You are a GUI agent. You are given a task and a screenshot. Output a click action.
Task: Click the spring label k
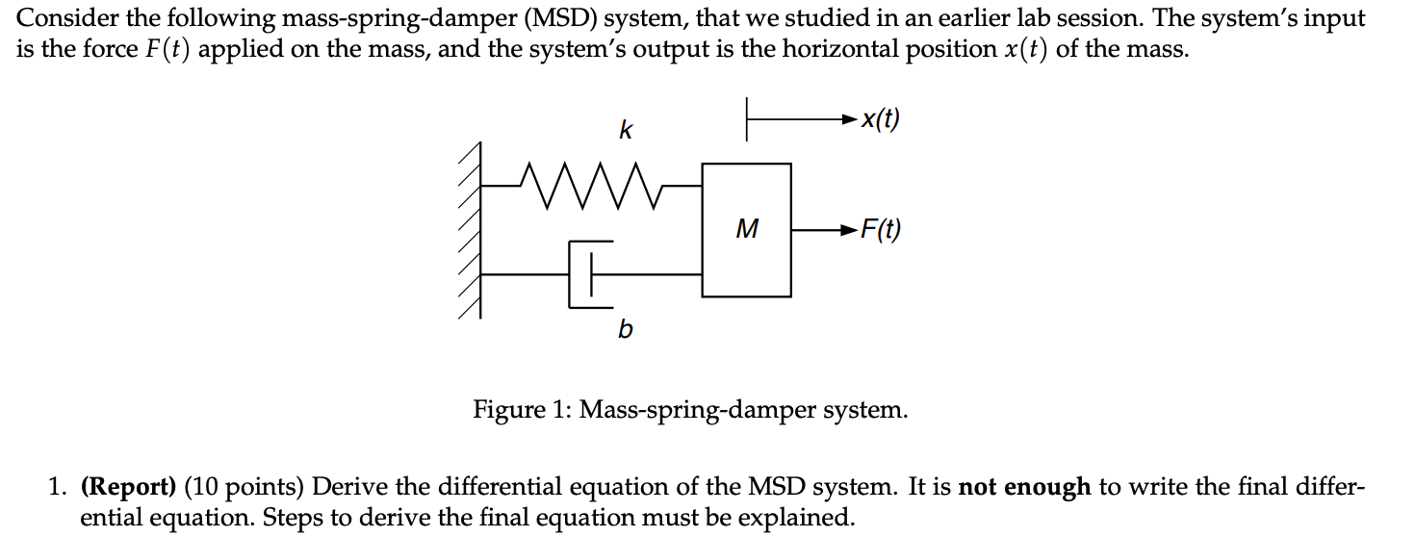coord(625,130)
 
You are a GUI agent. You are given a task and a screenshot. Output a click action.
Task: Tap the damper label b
coord(625,330)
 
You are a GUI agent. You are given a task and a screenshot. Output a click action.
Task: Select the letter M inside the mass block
coord(746,230)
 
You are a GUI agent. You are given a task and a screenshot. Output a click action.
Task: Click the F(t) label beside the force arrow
coord(880,230)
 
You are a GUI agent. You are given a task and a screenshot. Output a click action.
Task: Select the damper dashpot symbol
coord(586,274)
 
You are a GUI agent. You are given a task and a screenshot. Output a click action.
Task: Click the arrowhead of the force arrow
coord(847,230)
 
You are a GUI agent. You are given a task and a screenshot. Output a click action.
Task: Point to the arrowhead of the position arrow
coord(848,120)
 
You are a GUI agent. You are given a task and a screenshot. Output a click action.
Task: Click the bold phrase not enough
coord(1024,487)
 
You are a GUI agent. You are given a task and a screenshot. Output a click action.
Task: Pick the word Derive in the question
coord(349,487)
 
